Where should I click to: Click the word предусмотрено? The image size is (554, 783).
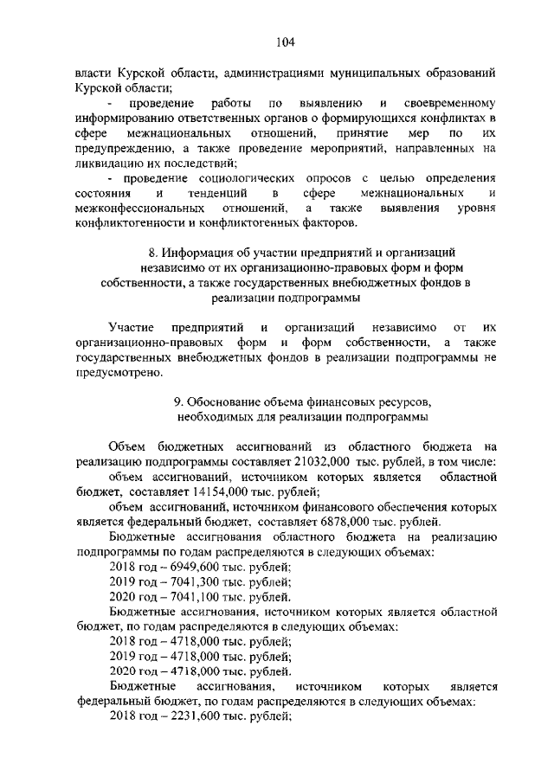[119, 372]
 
